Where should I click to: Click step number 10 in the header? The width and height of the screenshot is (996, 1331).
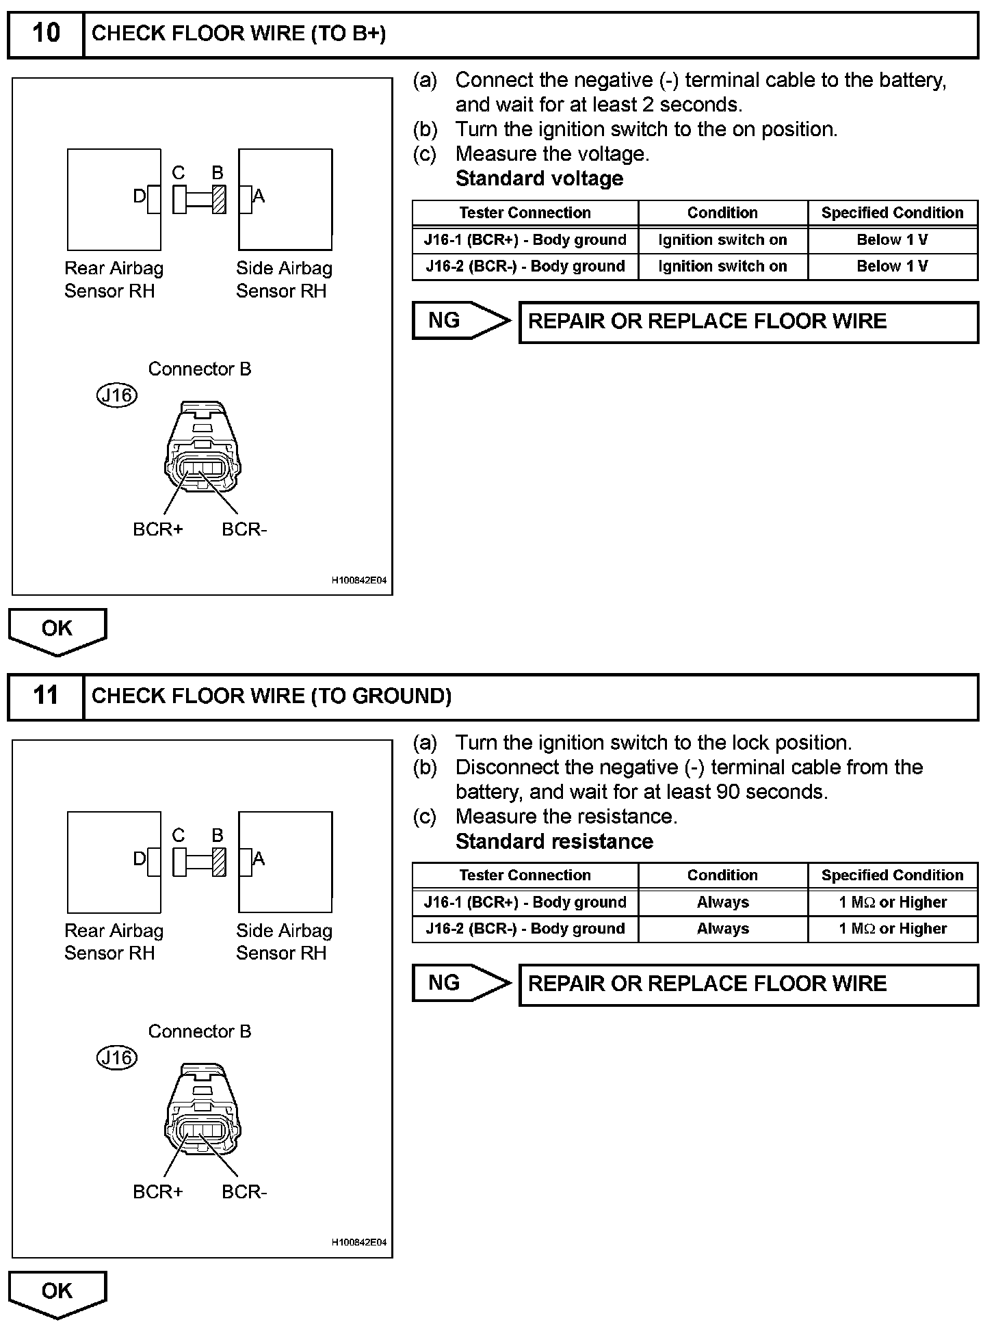[46, 34]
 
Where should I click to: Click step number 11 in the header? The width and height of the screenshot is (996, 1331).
[46, 696]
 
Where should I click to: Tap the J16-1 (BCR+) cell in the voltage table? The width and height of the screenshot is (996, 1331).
[525, 240]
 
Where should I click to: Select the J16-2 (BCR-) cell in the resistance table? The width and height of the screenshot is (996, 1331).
[525, 929]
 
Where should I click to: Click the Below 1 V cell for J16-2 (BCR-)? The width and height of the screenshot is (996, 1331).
[892, 266]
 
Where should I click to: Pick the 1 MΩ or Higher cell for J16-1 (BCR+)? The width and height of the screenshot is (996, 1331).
[892, 902]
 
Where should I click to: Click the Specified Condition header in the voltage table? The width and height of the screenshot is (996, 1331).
[892, 213]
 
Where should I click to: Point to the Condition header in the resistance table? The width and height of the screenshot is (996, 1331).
[722, 875]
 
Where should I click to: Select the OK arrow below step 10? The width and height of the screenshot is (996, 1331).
[57, 630]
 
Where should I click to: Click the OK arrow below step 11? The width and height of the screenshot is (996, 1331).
[57, 1292]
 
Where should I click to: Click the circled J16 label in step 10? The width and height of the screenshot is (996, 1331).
[117, 395]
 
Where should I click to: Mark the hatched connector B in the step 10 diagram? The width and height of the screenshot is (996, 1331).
[219, 199]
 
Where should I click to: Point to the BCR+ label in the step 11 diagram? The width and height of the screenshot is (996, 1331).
[158, 1192]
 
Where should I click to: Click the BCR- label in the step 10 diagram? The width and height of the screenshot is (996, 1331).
[244, 530]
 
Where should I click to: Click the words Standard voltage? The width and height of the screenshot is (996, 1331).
[539, 179]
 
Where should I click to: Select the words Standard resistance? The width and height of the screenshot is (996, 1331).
[554, 841]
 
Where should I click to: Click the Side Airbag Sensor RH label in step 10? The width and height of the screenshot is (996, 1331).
[284, 279]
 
